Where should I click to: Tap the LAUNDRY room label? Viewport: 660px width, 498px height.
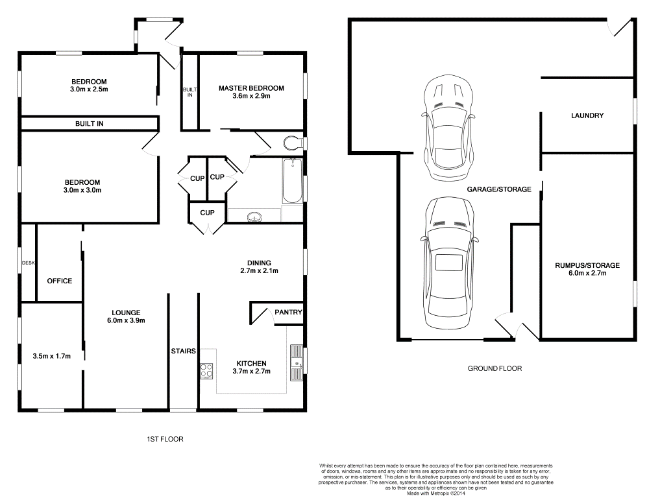click(x=587, y=115)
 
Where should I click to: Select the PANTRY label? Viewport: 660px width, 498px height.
click(x=288, y=312)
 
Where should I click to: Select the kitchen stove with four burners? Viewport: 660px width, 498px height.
click(x=206, y=371)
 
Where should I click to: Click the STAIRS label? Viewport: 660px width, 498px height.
click(x=183, y=351)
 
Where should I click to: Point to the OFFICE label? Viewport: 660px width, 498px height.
click(x=60, y=281)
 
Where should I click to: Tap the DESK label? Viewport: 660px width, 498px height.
click(x=28, y=263)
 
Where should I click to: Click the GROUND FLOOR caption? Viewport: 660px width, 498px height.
click(x=495, y=368)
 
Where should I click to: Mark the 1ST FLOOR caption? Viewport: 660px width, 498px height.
click(x=165, y=439)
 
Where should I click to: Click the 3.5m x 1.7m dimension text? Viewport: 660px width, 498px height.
click(x=51, y=356)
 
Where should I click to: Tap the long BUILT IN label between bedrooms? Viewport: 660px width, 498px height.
click(x=89, y=123)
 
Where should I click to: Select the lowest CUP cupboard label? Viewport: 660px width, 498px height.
click(x=207, y=213)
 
